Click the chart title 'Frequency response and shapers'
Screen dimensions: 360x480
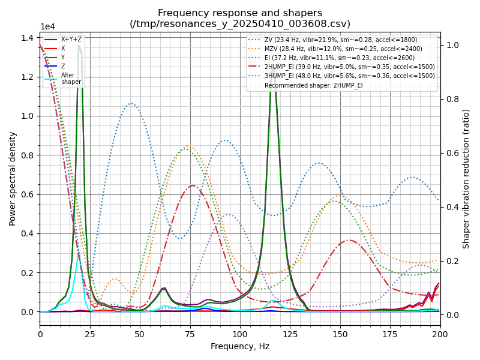tap(240, 13)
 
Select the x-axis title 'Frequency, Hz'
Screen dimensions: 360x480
tap(240, 347)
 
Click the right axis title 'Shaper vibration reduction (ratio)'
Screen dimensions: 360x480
tap(466, 178)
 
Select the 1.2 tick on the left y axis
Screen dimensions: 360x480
tap(27, 77)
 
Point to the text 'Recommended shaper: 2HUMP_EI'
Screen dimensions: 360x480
tap(313, 85)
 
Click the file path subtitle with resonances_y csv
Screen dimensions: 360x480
tap(240, 24)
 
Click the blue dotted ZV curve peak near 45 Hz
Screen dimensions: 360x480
tap(131, 103)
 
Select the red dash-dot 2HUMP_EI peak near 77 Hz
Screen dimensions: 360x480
tap(193, 185)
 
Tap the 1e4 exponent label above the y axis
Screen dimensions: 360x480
tap(47, 27)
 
